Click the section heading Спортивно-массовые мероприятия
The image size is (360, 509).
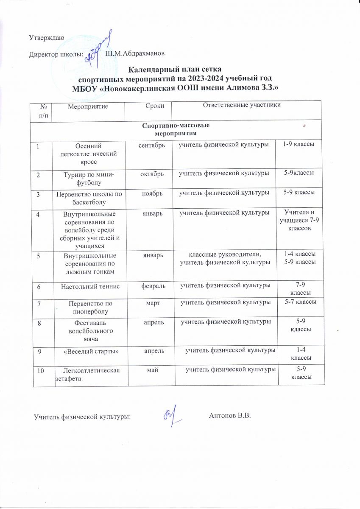(175, 129)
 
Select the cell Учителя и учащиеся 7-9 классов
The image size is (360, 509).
(298, 221)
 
